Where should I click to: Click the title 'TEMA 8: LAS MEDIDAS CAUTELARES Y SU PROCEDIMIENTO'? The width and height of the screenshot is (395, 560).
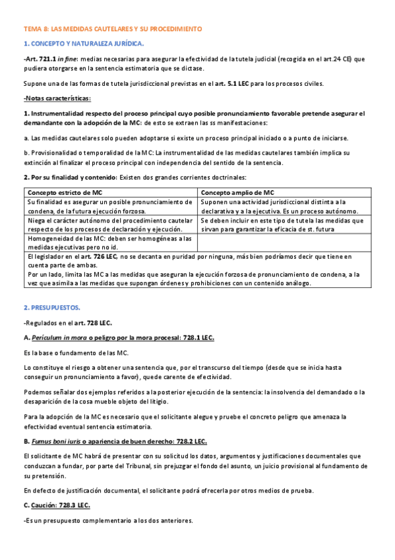point(113,30)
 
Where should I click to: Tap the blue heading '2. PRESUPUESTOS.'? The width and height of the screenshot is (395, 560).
point(51,308)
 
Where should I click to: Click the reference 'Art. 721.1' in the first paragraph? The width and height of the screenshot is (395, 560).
point(40,59)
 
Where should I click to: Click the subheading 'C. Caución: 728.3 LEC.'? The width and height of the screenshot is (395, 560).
point(57,505)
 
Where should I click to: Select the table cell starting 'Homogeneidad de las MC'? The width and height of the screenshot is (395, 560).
point(110,242)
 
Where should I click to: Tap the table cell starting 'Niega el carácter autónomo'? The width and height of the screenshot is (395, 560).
point(110,225)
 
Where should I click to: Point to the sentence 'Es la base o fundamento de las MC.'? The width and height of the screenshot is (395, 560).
point(76,353)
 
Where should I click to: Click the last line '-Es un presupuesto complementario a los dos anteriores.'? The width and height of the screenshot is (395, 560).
point(107,520)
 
